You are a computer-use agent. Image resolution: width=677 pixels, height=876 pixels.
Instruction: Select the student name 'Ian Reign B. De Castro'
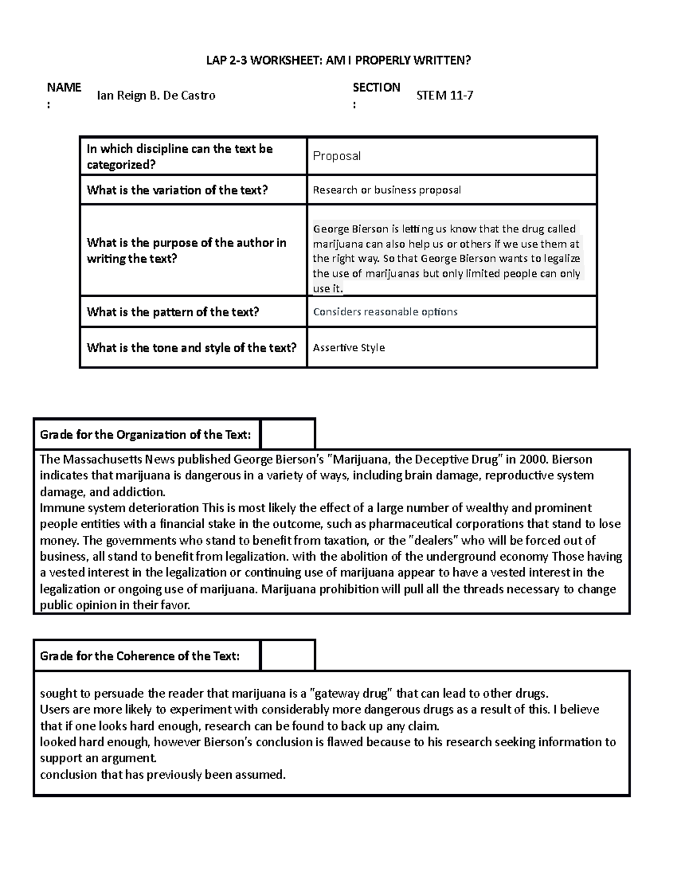click(x=156, y=95)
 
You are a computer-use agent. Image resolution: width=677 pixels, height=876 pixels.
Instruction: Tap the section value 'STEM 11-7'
click(x=445, y=95)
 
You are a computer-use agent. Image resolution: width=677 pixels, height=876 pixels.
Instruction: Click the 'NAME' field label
click(x=64, y=87)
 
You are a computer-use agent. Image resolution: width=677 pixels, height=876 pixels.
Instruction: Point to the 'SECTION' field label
click(x=376, y=87)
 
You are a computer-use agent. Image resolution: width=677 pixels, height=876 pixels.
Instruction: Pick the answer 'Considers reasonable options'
click(x=385, y=312)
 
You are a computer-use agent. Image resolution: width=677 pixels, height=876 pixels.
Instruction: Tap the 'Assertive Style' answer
click(x=349, y=347)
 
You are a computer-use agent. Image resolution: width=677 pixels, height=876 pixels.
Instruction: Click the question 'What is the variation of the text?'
click(x=177, y=190)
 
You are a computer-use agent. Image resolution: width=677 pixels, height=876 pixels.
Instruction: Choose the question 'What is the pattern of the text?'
click(x=173, y=312)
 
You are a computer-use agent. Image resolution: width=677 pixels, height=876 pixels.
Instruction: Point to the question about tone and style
click(x=191, y=347)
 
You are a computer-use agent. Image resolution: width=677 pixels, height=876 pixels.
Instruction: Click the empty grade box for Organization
click(x=287, y=434)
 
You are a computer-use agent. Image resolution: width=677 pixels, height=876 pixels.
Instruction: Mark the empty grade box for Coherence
click(x=287, y=655)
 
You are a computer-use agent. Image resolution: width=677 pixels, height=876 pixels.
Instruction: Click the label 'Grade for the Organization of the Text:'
click(x=145, y=434)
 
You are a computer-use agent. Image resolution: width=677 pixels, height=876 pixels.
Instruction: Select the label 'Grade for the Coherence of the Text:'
click(x=139, y=656)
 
